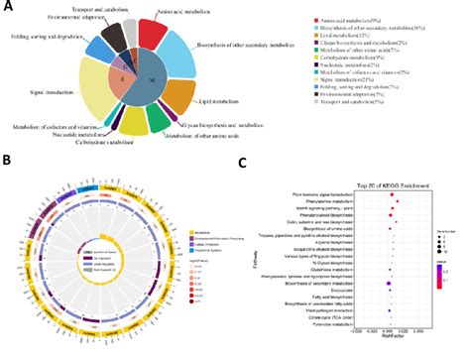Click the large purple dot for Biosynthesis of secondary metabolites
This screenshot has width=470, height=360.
point(390,309)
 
